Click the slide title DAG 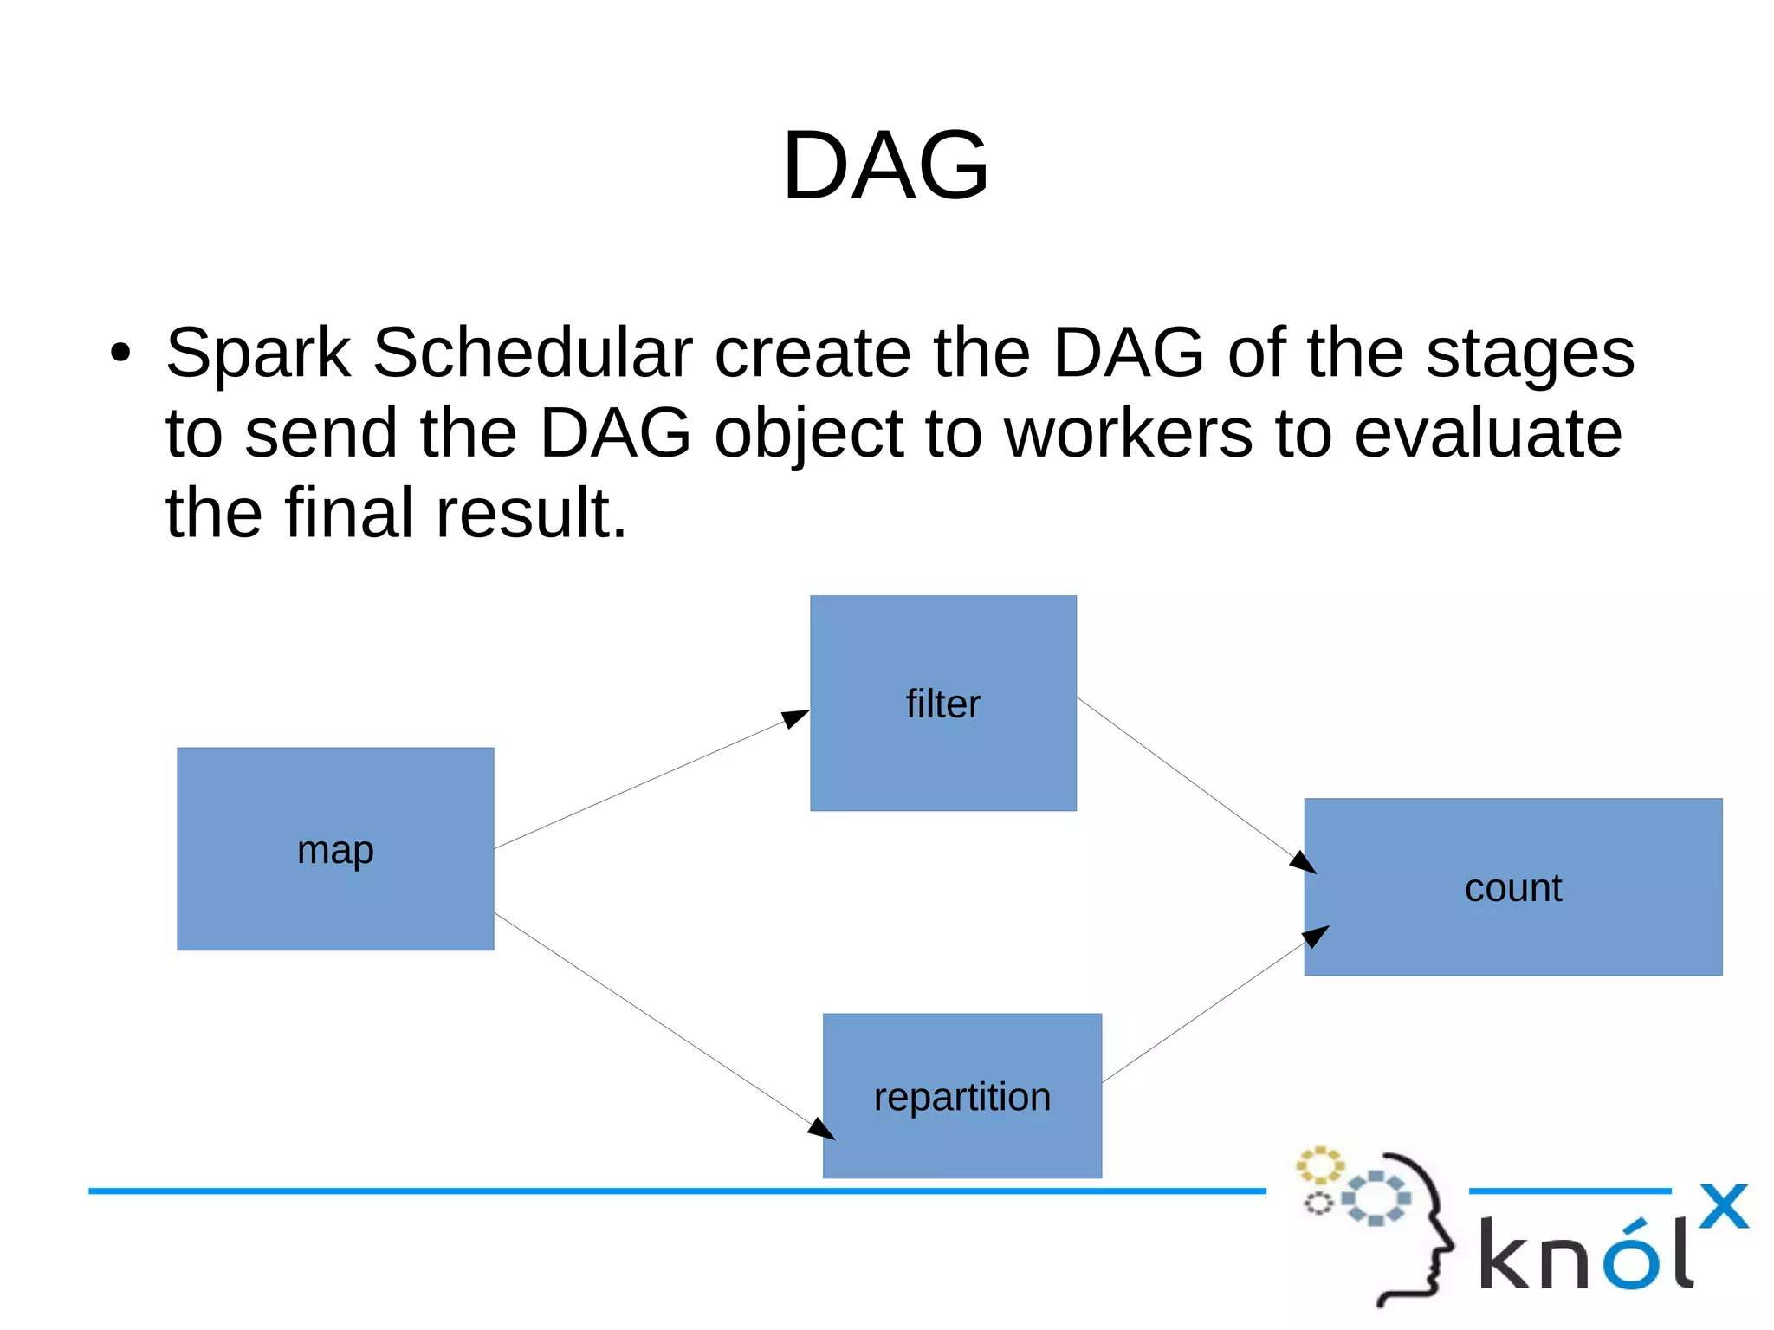point(885,165)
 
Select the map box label point(335,850)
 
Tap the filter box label point(942,704)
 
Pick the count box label point(1512,888)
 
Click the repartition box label point(961,1097)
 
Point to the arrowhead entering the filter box point(796,717)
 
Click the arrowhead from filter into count point(1303,862)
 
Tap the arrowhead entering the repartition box point(821,1128)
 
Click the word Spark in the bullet point(257,353)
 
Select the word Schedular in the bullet point(532,353)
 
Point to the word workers point(1128,433)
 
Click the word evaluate point(1487,433)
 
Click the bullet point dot point(120,354)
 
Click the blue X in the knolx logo point(1723,1206)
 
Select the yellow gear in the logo point(1319,1165)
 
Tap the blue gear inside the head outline point(1376,1198)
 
